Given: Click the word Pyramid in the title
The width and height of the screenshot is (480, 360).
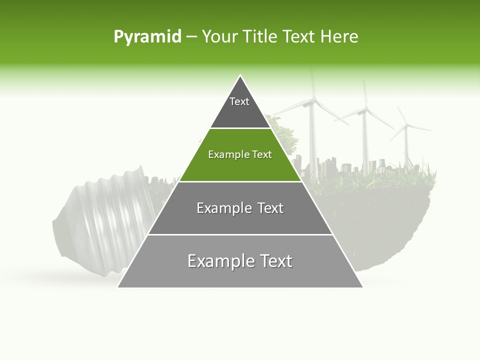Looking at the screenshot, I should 147,37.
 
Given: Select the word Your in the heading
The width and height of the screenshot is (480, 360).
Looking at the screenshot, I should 221,37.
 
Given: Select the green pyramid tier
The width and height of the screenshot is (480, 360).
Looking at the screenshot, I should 240,155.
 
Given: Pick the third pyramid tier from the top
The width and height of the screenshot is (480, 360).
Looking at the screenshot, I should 240,208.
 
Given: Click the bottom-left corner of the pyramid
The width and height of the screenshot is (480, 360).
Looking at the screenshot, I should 118,287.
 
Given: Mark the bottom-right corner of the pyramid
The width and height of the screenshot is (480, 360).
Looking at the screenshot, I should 362,287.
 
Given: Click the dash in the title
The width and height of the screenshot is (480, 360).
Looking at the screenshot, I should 191,37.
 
